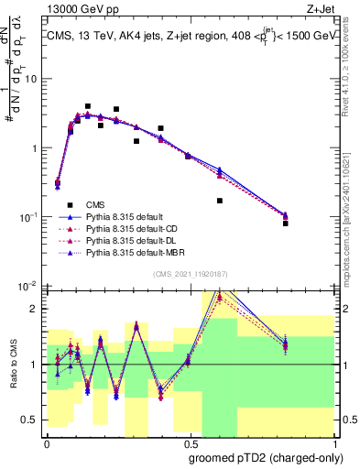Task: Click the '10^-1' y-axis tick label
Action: [28, 217]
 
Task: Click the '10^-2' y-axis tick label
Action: [28, 286]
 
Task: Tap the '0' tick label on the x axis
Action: [47, 441]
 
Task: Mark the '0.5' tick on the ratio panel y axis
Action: [33, 420]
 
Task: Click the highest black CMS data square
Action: [88, 106]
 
